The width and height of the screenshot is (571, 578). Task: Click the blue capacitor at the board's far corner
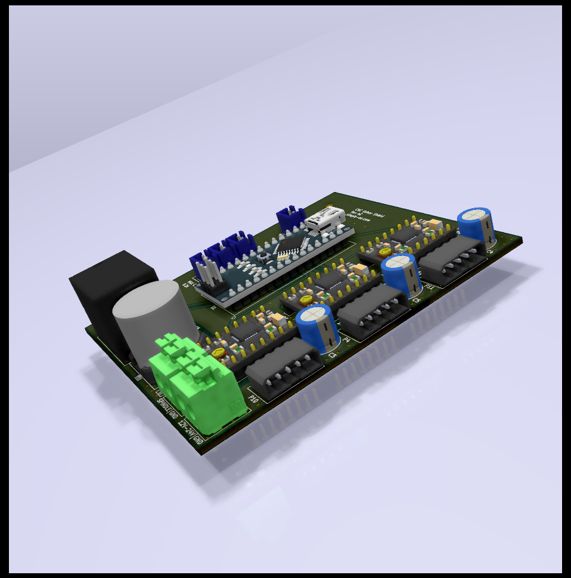[477, 226]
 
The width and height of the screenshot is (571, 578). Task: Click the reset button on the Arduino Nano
[262, 257]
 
